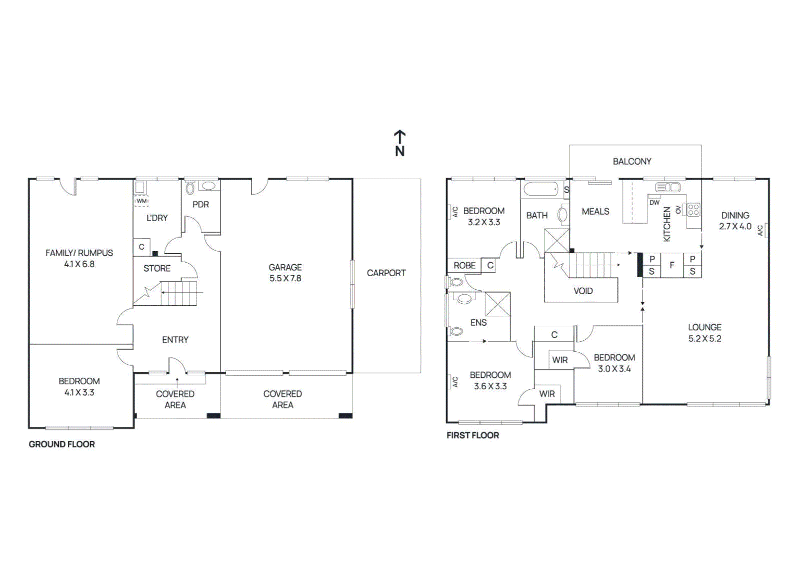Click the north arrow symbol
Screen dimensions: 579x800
pos(399,143)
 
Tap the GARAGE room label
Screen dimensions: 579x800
pos(285,267)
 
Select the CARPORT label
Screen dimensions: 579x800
pos(386,273)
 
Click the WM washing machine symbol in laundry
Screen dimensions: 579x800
pos(141,201)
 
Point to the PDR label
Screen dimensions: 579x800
pos(200,204)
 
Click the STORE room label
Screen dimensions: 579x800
pos(157,268)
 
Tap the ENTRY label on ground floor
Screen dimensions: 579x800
pos(175,339)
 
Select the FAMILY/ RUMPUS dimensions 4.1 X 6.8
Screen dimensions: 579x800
pos(79,264)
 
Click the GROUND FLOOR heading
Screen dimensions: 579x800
pos(61,444)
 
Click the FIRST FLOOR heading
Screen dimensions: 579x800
pos(472,435)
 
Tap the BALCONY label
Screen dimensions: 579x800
pos(632,161)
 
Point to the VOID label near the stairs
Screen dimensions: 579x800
pos(583,291)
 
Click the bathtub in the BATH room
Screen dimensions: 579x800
pos(540,189)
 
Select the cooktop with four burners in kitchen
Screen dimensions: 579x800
pos(693,209)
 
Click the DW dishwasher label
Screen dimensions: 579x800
pos(654,202)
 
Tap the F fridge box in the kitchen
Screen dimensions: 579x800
pos(672,265)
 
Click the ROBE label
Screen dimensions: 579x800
pos(464,265)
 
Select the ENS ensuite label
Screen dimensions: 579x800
pos(478,322)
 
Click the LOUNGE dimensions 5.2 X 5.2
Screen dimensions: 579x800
pos(704,338)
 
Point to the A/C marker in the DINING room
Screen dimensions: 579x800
pos(760,230)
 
